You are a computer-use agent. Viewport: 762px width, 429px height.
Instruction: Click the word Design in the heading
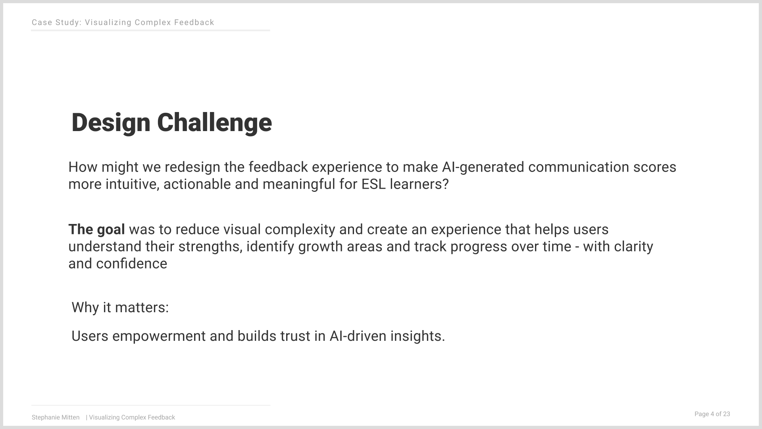tap(111, 123)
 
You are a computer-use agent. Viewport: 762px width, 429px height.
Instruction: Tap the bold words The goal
tap(96, 230)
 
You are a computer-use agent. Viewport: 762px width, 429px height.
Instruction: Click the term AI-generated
tap(483, 167)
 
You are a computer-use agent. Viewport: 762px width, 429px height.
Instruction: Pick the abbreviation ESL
tap(373, 184)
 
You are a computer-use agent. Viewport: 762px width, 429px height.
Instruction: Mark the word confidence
tap(132, 264)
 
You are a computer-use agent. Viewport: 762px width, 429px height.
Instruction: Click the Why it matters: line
tap(120, 307)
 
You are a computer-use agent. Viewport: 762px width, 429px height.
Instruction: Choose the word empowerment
tap(159, 336)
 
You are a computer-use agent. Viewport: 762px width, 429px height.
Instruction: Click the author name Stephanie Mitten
tap(56, 417)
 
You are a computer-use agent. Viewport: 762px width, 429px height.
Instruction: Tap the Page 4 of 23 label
tap(712, 414)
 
